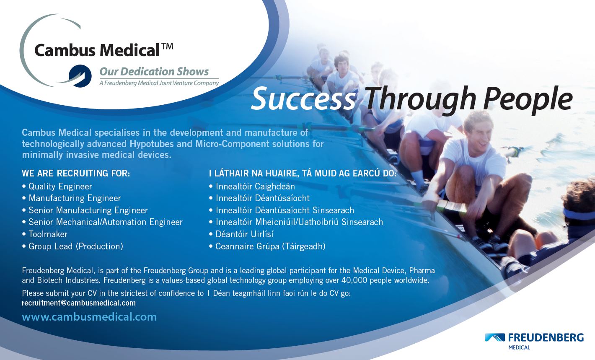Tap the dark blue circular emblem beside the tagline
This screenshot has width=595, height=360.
(x=80, y=76)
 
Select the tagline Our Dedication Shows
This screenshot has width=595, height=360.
(x=154, y=72)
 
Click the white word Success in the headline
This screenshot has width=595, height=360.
(x=303, y=98)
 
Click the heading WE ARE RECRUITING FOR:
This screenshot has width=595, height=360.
(x=76, y=173)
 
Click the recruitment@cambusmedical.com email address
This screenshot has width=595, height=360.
(x=79, y=303)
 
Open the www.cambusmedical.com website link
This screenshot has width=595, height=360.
(x=89, y=317)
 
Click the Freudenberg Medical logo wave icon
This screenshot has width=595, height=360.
(x=495, y=337)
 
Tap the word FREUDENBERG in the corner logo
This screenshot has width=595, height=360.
(x=546, y=338)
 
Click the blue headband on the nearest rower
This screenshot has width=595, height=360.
(x=579, y=213)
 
